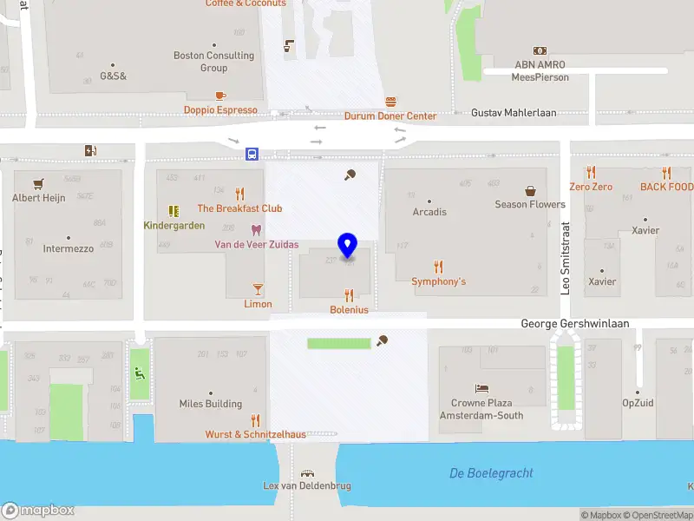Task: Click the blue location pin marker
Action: pyautogui.click(x=348, y=246)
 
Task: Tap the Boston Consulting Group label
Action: pyautogui.click(x=213, y=62)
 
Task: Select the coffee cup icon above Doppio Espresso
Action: pyautogui.click(x=220, y=96)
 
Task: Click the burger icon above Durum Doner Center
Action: pyautogui.click(x=391, y=101)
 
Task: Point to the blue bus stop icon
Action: pyautogui.click(x=252, y=154)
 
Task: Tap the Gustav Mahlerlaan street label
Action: pyautogui.click(x=514, y=113)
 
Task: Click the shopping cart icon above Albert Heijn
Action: pyautogui.click(x=38, y=183)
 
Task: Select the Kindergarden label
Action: pyautogui.click(x=174, y=226)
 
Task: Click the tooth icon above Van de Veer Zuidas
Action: pyautogui.click(x=255, y=230)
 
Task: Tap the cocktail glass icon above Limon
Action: pyautogui.click(x=258, y=289)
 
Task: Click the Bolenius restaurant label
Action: pyautogui.click(x=349, y=310)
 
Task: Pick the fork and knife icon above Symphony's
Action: pyautogui.click(x=438, y=267)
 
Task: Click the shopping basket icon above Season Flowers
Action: pyautogui.click(x=530, y=190)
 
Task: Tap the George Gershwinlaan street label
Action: pyautogui.click(x=574, y=323)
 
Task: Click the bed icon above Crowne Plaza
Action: pyautogui.click(x=481, y=388)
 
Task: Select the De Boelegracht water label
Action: pyautogui.click(x=491, y=473)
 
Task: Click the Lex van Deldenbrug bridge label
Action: pyautogui.click(x=307, y=486)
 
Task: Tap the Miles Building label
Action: pyautogui.click(x=211, y=404)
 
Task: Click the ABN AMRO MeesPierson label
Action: pyautogui.click(x=540, y=71)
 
